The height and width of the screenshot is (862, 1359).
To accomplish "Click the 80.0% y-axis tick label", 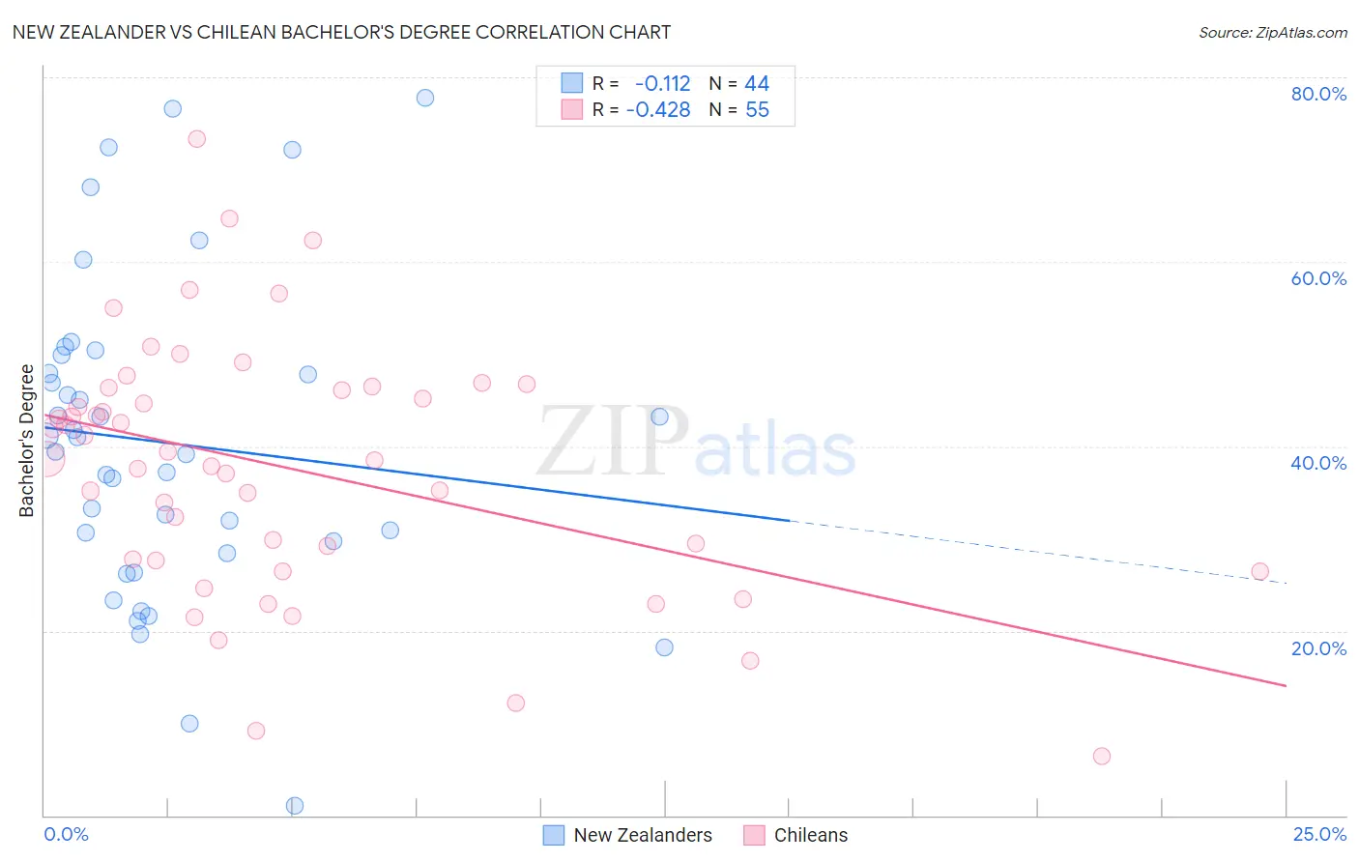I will (1318, 94).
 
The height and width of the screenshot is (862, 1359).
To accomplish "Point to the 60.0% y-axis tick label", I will (1318, 278).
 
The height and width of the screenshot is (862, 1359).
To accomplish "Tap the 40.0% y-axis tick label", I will (1318, 463).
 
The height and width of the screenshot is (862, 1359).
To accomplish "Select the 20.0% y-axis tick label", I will (1318, 648).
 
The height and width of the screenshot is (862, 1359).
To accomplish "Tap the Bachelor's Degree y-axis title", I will (27, 441).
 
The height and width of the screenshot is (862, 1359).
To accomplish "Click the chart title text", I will (341, 32).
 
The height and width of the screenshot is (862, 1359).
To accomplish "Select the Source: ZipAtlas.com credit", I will (1272, 33).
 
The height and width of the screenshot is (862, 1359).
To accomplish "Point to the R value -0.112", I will (662, 84).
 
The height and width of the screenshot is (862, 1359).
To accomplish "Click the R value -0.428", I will (658, 110).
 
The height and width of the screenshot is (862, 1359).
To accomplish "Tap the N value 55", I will (757, 110).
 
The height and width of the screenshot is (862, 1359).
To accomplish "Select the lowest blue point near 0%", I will (296, 806).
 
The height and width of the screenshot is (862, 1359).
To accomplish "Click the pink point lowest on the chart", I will (1102, 757).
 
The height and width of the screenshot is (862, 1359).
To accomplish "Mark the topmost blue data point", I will (425, 98).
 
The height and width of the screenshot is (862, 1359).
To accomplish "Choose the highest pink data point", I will (197, 139).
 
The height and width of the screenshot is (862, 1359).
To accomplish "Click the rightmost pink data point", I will (1260, 571).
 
